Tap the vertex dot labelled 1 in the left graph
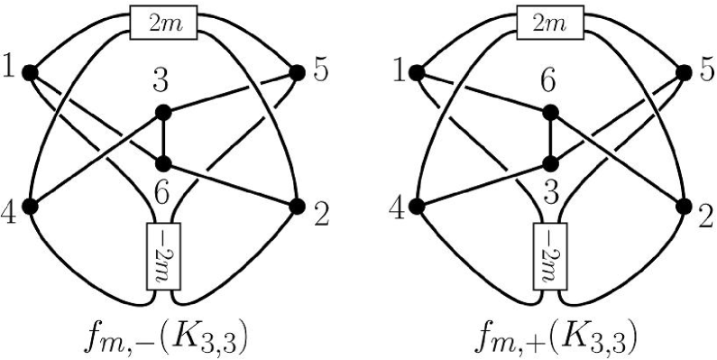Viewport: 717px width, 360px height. (30, 72)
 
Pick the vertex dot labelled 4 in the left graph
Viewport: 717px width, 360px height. (30, 207)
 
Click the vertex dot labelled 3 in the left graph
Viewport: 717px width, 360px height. (163, 113)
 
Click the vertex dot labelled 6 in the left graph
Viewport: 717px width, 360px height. (163, 164)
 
